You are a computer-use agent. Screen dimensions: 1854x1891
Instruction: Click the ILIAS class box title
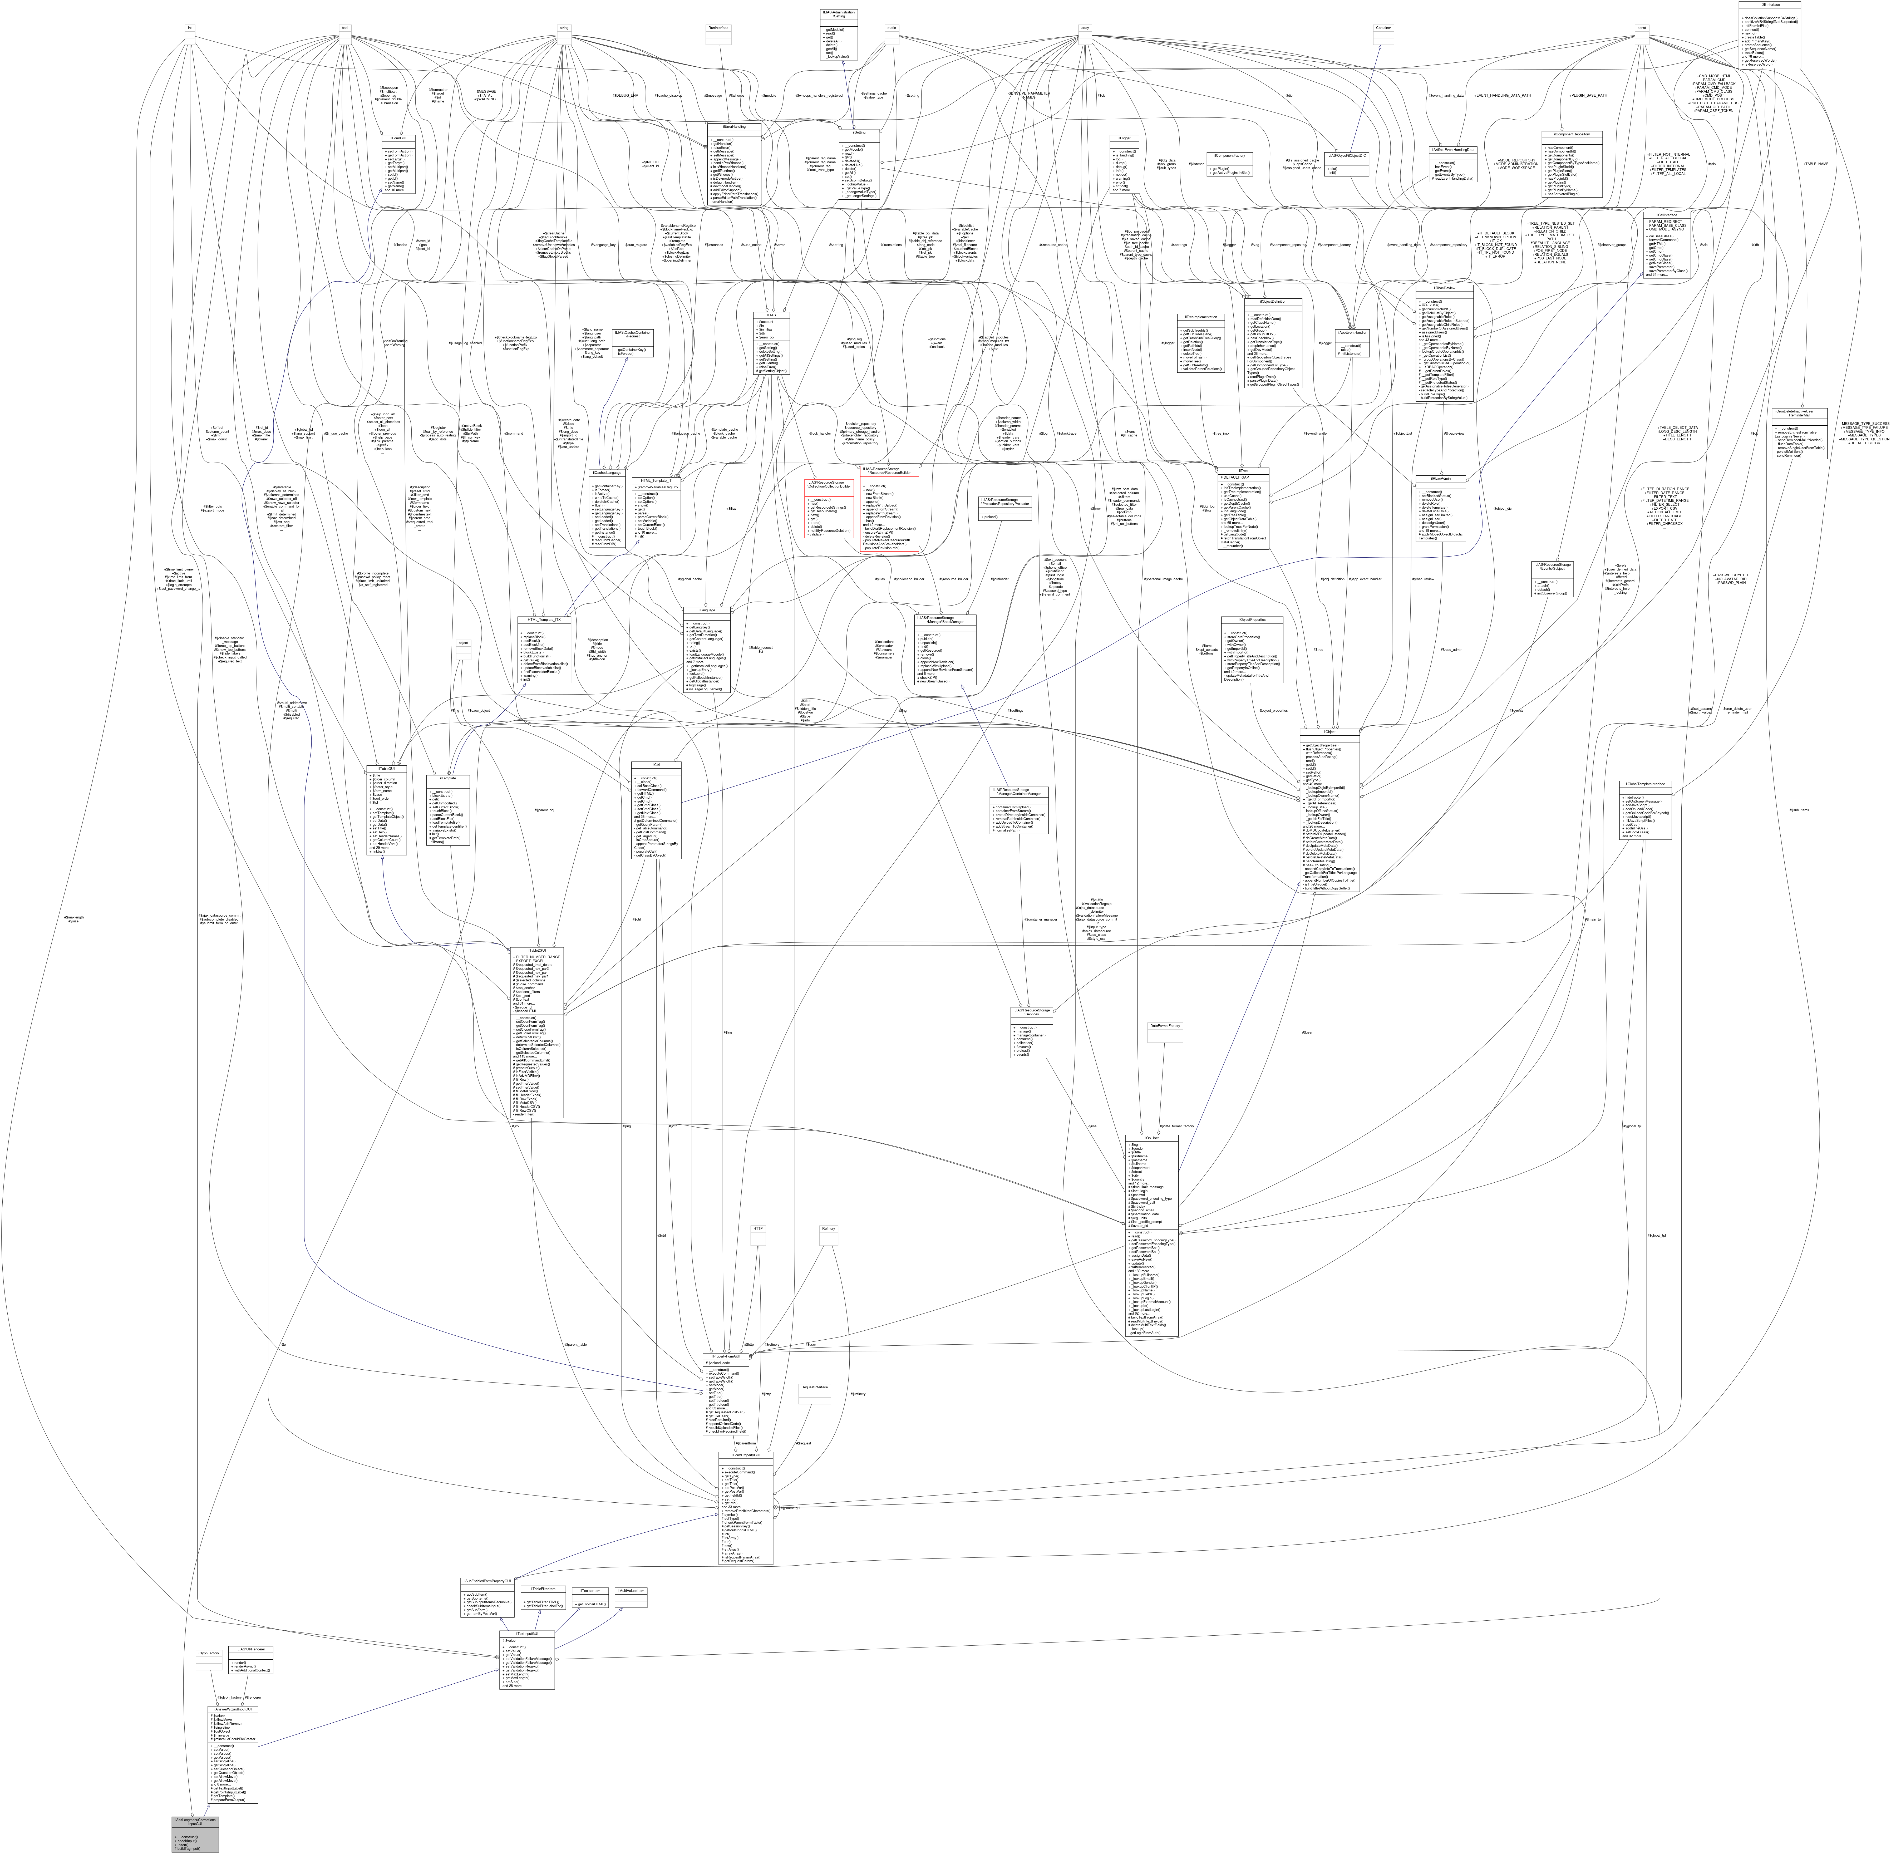click(x=771, y=314)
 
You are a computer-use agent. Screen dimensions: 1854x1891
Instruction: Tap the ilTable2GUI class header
click(x=535, y=950)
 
